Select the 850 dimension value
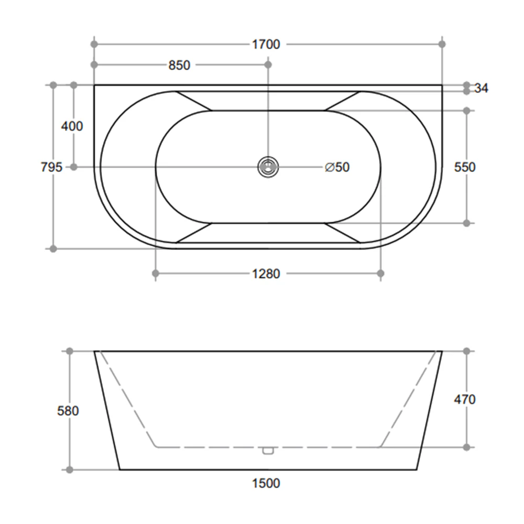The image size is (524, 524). (179, 65)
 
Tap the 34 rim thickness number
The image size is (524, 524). (482, 89)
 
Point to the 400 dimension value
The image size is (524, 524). (72, 126)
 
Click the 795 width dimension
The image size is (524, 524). (52, 167)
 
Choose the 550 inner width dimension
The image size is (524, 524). (465, 167)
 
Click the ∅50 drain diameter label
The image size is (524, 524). (337, 167)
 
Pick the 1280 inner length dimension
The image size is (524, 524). (266, 274)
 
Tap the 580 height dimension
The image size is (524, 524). (68, 411)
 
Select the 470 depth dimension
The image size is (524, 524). (465, 399)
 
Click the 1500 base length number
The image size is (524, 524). (266, 483)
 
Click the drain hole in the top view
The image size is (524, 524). (268, 167)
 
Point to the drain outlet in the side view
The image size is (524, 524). (268, 450)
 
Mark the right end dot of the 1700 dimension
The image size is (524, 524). (442, 45)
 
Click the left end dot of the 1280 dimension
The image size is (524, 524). (155, 274)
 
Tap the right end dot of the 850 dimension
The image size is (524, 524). (268, 65)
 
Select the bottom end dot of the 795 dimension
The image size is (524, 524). (53, 248)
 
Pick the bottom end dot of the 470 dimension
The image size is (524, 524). (467, 447)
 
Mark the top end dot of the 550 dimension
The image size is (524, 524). (467, 111)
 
